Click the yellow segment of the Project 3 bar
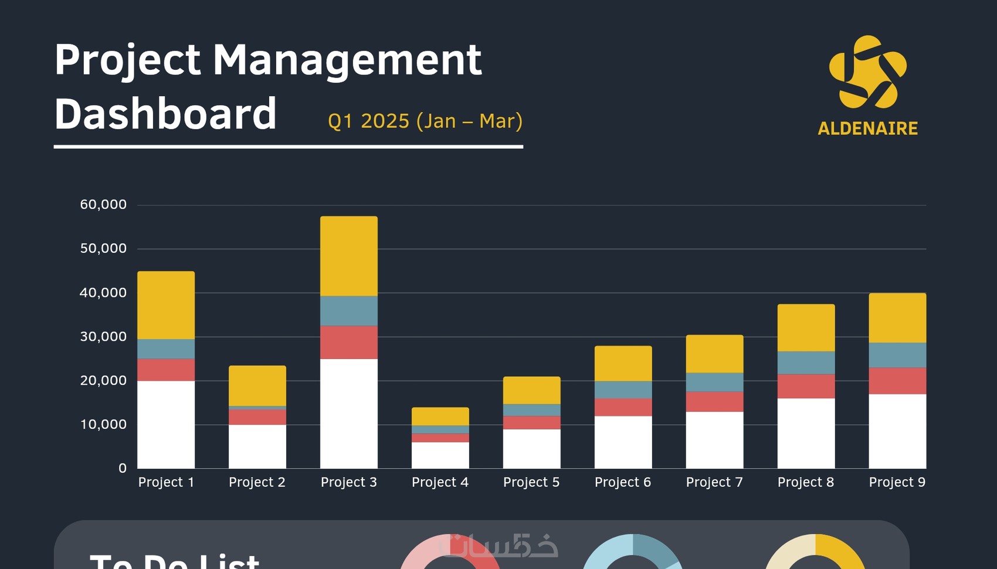[349, 256]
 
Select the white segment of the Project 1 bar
[166, 424]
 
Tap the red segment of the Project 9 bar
[897, 381]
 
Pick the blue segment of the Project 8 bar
[806, 363]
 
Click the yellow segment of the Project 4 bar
[440, 416]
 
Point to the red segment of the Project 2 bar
[257, 416]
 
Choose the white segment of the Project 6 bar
[623, 442]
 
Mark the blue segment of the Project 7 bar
[714, 382]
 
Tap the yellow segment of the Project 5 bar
[532, 390]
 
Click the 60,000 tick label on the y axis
[103, 205]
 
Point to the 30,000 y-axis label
[103, 337]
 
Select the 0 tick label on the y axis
[122, 468]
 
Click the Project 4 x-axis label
[440, 482]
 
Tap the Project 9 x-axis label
[897, 482]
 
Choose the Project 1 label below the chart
[166, 482]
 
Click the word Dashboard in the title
[165, 114]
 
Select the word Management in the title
[347, 60]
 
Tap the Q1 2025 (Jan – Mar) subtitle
[425, 121]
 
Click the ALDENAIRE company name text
[867, 128]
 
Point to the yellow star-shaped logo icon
[867, 72]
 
